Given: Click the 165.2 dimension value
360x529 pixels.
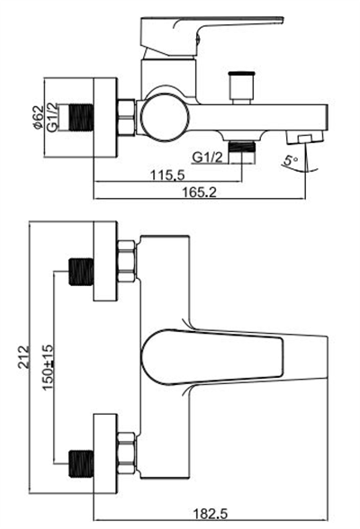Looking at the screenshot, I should coord(201,190).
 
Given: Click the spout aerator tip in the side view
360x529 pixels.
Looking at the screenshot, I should coord(302,136).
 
